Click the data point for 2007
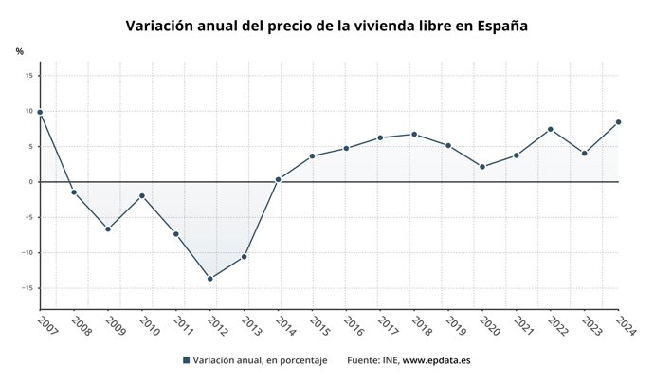(40, 112)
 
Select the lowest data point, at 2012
(210, 279)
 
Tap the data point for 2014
(278, 179)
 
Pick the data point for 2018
(414, 134)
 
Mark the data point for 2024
(618, 121)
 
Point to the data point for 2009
(108, 229)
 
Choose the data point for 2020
(482, 167)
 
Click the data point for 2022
(551, 129)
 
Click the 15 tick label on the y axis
(29, 76)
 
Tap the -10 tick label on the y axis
(27, 253)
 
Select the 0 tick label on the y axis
(31, 182)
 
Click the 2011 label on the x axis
(182, 327)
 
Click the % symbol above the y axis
(19, 51)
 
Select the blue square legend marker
(186, 361)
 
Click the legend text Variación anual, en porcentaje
(260, 361)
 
